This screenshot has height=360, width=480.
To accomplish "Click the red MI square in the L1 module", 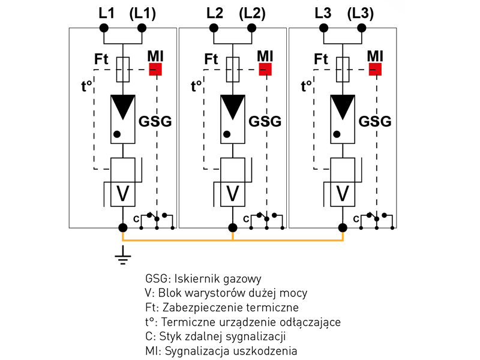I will click(156, 69).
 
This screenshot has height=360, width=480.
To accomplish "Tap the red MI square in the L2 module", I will click(265, 69).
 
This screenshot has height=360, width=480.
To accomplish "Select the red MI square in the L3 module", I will click(376, 69).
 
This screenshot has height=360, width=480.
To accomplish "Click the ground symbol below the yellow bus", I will click(123, 257).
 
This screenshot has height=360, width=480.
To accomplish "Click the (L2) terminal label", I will click(253, 13).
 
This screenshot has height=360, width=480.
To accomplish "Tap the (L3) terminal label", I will click(361, 13).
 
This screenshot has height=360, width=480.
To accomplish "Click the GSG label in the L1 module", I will click(155, 121).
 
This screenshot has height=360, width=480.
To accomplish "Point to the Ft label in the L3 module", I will click(322, 59).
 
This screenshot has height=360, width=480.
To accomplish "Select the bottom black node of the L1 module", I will click(123, 228).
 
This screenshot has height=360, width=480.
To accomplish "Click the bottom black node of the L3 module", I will click(343, 228).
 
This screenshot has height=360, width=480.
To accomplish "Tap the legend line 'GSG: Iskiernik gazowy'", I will click(203, 280).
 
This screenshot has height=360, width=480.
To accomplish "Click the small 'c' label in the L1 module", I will click(136, 220).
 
